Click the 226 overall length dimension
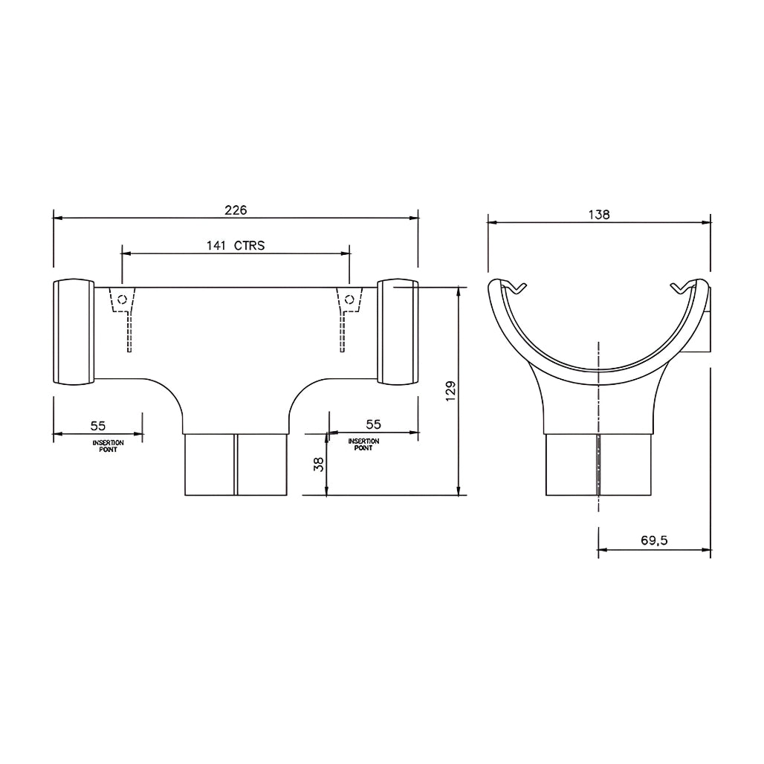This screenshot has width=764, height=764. pyautogui.click(x=236, y=210)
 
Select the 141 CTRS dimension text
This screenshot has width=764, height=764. pyautogui.click(x=236, y=245)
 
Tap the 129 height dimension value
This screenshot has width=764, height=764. pyautogui.click(x=450, y=391)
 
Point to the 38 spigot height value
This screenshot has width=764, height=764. pyautogui.click(x=319, y=464)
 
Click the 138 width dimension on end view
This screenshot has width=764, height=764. pyautogui.click(x=599, y=214)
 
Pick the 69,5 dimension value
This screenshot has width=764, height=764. pyautogui.click(x=654, y=540)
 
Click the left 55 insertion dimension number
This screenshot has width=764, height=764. pyautogui.click(x=98, y=426)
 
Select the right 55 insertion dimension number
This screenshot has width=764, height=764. pyautogui.click(x=373, y=424)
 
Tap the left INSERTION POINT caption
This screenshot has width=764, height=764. pyautogui.click(x=109, y=447)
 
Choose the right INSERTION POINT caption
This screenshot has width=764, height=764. pyautogui.click(x=363, y=444)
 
